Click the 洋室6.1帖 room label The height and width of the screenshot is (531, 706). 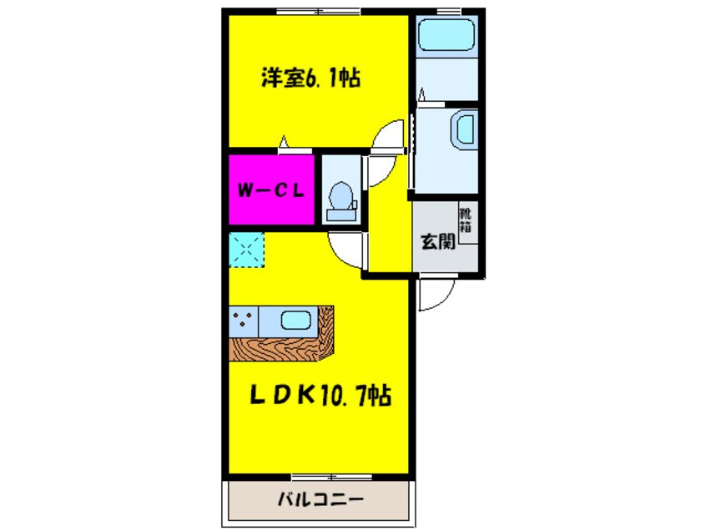pos(310,79)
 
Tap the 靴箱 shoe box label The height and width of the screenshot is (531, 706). pos(466,219)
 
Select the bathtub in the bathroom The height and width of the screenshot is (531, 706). pos(446,38)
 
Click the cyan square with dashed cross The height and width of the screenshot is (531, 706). pos(246,250)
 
